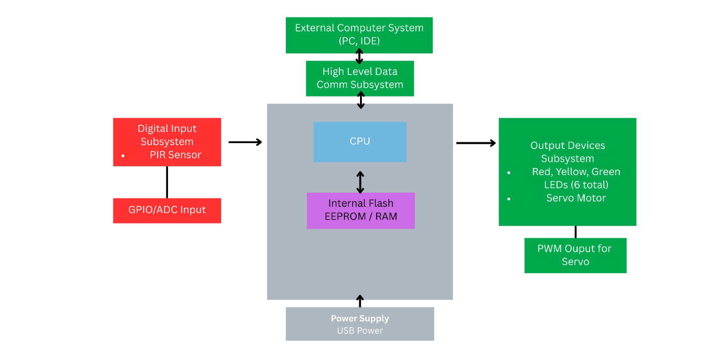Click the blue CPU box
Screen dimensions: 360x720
coord(360,142)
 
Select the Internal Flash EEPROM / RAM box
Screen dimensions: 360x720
coord(360,210)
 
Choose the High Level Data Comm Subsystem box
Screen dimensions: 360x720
coord(360,78)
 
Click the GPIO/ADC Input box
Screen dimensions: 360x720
coord(167,210)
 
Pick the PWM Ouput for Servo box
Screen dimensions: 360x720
coord(575,255)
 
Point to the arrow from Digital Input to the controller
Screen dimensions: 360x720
coord(245,142)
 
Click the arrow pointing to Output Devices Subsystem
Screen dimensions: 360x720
coord(476,143)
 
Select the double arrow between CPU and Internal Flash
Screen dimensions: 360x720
coord(360,182)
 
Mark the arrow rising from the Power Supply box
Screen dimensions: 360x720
coord(360,301)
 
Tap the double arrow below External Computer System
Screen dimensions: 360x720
coord(359,56)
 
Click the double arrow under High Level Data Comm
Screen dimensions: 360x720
coord(361,100)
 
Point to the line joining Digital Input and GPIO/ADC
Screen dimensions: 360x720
coord(167,182)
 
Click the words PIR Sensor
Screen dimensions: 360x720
coord(175,155)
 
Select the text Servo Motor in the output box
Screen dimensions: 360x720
coord(576,198)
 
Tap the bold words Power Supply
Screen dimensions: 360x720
coord(360,319)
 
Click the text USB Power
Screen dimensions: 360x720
coord(360,331)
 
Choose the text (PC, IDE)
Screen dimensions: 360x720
coord(359,41)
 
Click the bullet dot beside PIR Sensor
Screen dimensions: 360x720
coord(123,155)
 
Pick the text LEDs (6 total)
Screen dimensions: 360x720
coord(576,185)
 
